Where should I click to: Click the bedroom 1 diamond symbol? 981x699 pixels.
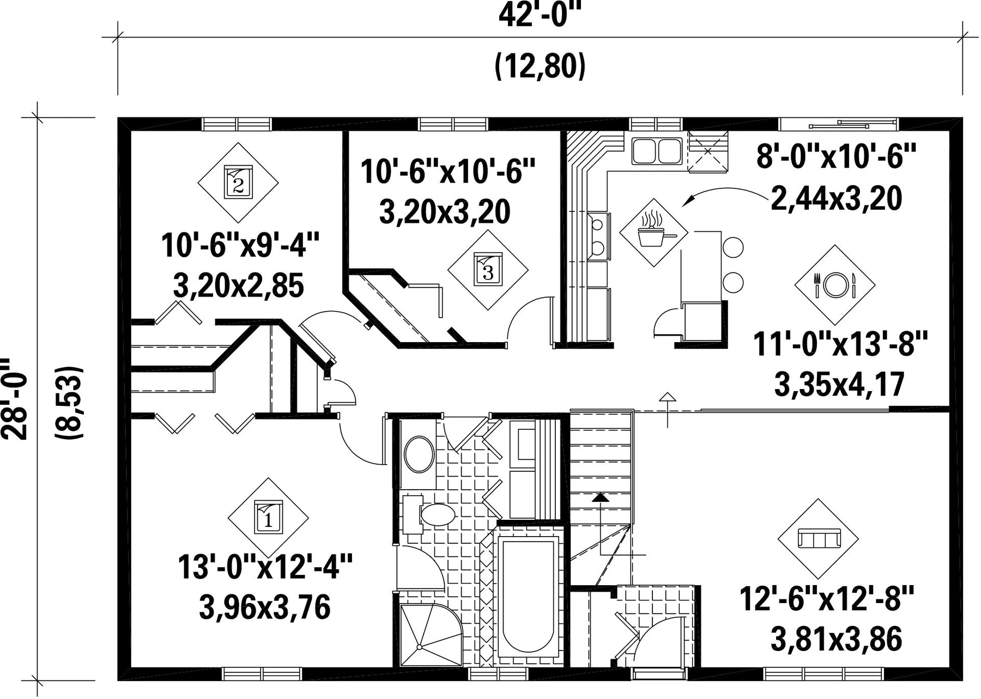click(268, 518)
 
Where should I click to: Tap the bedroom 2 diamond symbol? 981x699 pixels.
click(238, 183)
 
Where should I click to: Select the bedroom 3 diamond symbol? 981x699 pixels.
click(488, 269)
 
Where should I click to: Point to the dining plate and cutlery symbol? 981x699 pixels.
click(834, 285)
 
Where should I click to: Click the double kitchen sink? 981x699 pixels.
click(657, 151)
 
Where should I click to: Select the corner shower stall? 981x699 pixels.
click(431, 635)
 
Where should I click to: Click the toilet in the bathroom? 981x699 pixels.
click(431, 514)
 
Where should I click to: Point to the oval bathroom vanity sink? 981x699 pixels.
click(419, 454)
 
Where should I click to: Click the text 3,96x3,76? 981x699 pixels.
click(265, 607)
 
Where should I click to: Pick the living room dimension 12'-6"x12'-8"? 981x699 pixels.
click(826, 599)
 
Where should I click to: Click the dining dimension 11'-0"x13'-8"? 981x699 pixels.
click(840, 344)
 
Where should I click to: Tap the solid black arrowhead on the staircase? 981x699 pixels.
click(600, 497)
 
